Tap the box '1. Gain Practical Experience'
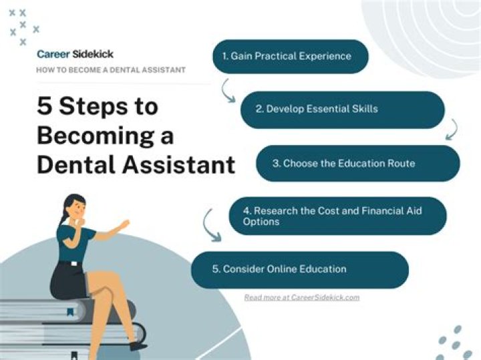tap(291, 56)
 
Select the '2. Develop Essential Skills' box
tap(342, 109)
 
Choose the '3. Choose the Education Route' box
tap(357, 163)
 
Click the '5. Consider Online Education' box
tap(299, 269)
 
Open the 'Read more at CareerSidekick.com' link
tap(302, 297)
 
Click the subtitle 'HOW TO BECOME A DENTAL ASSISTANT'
tap(111, 70)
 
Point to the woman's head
tap(74, 206)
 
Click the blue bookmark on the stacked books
tap(69, 311)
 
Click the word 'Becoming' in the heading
tap(105, 136)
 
